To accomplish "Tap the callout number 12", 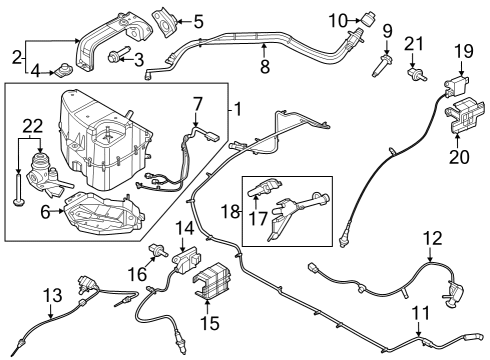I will [x=431, y=238].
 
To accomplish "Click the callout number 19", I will [x=462, y=50].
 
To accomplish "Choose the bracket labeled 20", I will [x=461, y=113].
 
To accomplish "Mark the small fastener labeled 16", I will [x=156, y=251].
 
